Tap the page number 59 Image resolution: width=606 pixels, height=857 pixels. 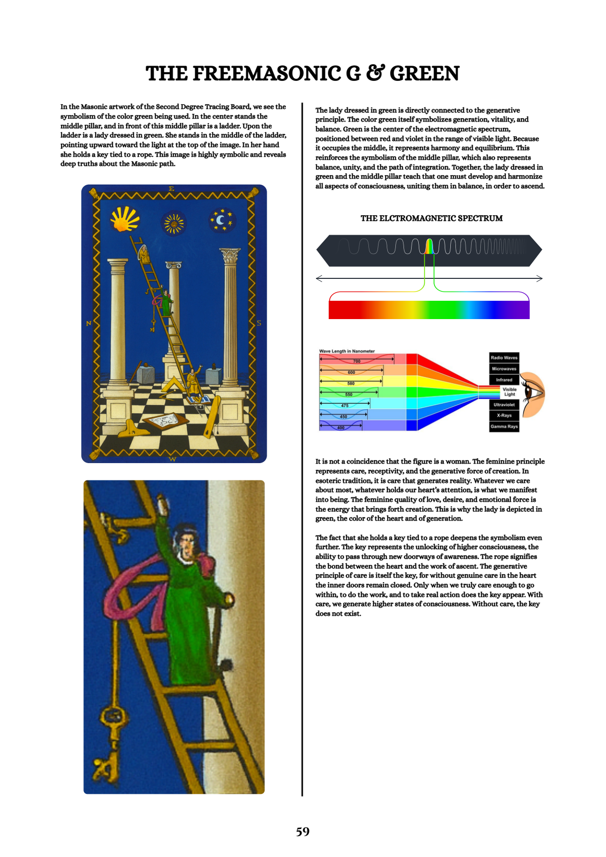tap(303, 832)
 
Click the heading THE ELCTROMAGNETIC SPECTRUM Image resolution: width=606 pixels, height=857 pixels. tap(431, 218)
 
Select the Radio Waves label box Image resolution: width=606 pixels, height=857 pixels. tap(504, 358)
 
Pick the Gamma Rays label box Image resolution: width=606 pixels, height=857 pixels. tap(504, 426)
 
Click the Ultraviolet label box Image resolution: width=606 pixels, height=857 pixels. tap(504, 405)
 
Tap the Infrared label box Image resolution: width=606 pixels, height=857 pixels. tap(504, 380)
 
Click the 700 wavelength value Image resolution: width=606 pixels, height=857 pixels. tap(357, 361)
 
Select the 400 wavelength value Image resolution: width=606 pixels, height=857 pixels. tap(340, 428)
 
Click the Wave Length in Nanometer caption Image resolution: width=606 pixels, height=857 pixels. tap(347, 351)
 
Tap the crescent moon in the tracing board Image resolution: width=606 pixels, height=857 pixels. tap(221, 220)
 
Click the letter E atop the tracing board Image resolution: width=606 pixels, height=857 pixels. tap(171, 189)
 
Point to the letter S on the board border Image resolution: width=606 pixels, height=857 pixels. tap(258, 323)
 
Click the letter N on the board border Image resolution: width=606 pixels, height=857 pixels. tap(89, 323)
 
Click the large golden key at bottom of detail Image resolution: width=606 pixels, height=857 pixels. tap(109, 738)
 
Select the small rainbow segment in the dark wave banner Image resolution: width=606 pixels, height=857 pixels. tap(429, 246)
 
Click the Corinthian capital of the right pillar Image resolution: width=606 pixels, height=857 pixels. tap(230, 255)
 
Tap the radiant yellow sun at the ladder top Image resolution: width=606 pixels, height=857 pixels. tap(124, 219)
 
